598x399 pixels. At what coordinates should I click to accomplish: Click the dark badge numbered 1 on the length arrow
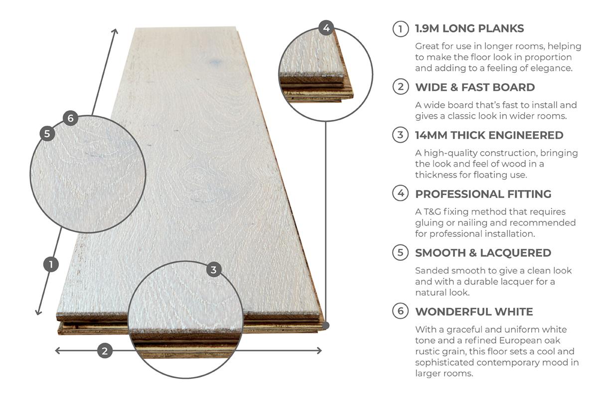click(x=51, y=264)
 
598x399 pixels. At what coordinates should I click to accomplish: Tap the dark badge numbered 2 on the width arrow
click(x=104, y=351)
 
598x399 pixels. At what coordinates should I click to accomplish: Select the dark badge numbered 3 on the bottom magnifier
click(x=214, y=270)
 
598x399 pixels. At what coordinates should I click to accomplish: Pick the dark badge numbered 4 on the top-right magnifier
click(x=326, y=28)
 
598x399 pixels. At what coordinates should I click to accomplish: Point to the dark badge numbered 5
click(x=47, y=134)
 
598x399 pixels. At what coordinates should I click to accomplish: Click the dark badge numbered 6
click(x=70, y=118)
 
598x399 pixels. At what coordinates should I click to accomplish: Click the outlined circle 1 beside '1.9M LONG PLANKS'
click(x=401, y=28)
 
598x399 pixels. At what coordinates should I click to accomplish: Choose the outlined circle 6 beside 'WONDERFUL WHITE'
click(x=401, y=312)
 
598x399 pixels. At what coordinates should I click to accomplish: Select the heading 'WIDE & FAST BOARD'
click(x=475, y=87)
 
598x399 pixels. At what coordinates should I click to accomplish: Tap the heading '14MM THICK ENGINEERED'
click(x=489, y=135)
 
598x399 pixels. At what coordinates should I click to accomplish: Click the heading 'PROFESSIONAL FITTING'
click(x=483, y=194)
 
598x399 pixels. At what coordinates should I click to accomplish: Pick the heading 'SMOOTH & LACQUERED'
click(x=483, y=253)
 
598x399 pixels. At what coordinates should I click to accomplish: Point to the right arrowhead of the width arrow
click(x=319, y=351)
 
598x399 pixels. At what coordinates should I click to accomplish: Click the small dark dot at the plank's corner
click(x=326, y=325)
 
